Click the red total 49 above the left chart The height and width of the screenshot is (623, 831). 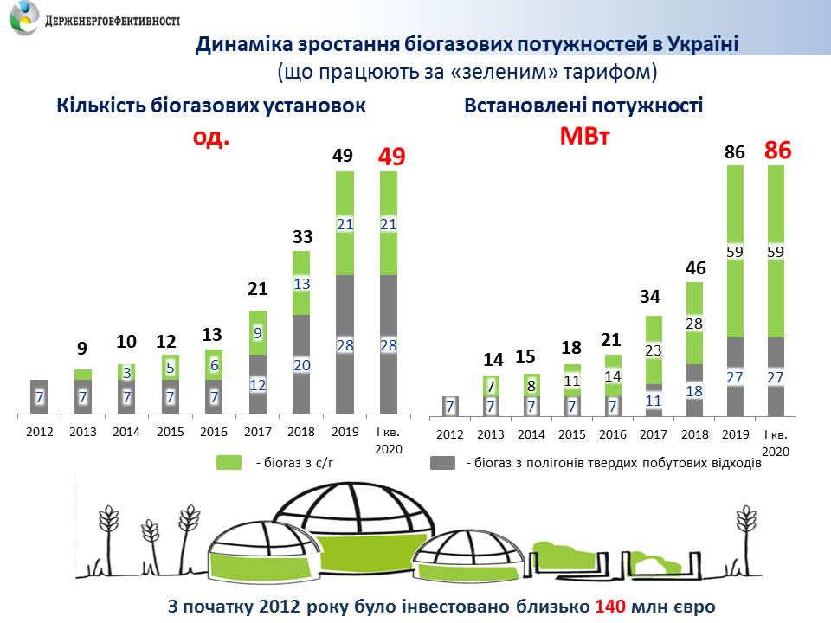[x=388, y=157]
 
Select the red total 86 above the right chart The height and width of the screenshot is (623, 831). [x=778, y=151]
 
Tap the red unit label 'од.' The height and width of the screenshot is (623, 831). [x=210, y=138]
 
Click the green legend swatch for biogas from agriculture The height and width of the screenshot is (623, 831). [x=229, y=463]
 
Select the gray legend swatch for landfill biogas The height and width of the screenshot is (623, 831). [x=443, y=463]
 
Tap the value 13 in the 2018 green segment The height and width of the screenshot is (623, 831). [x=300, y=284]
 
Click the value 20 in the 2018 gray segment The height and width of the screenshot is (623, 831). [x=300, y=365]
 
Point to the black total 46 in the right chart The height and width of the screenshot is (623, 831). [x=696, y=268]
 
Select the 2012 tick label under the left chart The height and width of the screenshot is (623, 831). [x=40, y=431]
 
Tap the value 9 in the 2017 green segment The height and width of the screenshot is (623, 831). [x=257, y=332]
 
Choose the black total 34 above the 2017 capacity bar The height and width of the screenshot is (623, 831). [x=654, y=298]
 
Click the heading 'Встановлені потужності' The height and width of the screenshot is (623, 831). [x=583, y=106]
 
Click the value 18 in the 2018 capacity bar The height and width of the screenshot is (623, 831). [x=695, y=390]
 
